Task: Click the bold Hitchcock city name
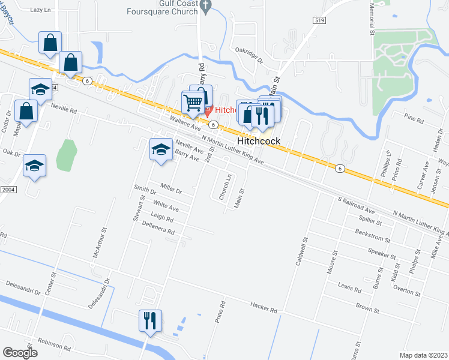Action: [259, 141]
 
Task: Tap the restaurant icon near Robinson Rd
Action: [149, 320]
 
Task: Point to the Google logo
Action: [20, 353]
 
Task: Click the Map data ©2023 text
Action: [424, 355]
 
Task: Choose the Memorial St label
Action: [372, 18]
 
